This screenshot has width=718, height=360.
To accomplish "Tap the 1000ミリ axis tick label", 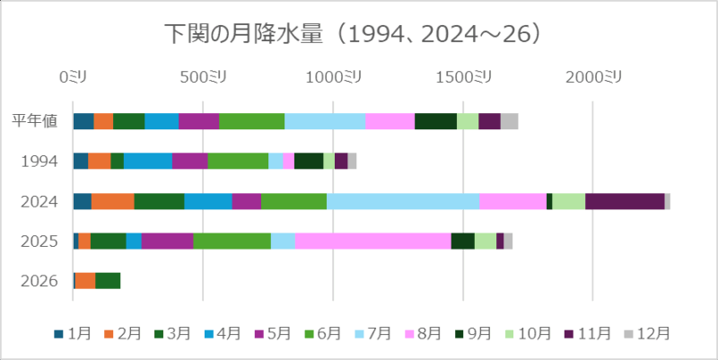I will click(x=333, y=78).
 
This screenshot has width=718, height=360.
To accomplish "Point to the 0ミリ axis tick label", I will click(x=73, y=78).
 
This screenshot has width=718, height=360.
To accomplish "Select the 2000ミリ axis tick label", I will click(x=593, y=78).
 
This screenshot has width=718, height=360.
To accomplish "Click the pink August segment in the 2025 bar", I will click(x=372, y=241).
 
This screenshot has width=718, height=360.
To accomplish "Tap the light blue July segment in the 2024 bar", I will click(x=402, y=201).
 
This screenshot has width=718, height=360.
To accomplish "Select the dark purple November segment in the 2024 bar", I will click(x=625, y=201).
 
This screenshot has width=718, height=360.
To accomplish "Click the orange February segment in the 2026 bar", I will click(x=84, y=281).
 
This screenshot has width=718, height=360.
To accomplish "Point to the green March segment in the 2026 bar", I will click(x=108, y=281).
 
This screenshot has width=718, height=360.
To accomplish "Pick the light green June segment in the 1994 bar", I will click(x=238, y=162).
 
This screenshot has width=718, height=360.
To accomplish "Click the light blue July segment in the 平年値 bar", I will click(x=325, y=121).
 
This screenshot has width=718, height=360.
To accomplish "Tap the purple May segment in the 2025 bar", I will click(x=167, y=241).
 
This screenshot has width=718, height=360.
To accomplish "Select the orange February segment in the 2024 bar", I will click(x=112, y=201).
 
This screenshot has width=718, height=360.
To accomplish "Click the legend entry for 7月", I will click(x=376, y=333).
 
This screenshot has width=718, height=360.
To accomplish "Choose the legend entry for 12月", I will click(x=649, y=333).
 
